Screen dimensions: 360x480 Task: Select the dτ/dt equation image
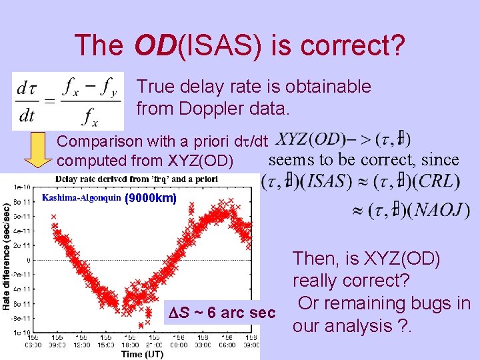coord(67,101)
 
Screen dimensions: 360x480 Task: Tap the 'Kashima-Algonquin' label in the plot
coord(81,197)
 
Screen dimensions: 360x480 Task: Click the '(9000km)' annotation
coord(151,198)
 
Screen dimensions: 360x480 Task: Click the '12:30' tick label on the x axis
coord(81,345)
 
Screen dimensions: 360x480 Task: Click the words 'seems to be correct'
coord(343,160)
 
